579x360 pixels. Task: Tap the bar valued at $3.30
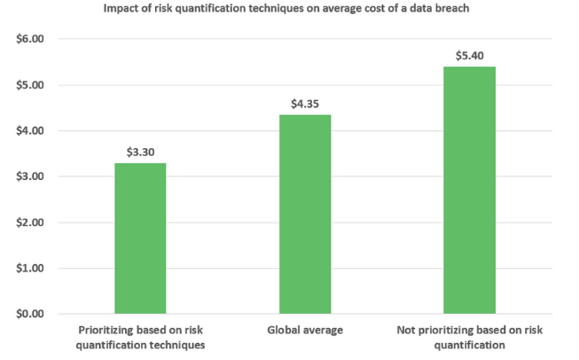point(140,238)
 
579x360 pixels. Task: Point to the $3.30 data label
point(140,152)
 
